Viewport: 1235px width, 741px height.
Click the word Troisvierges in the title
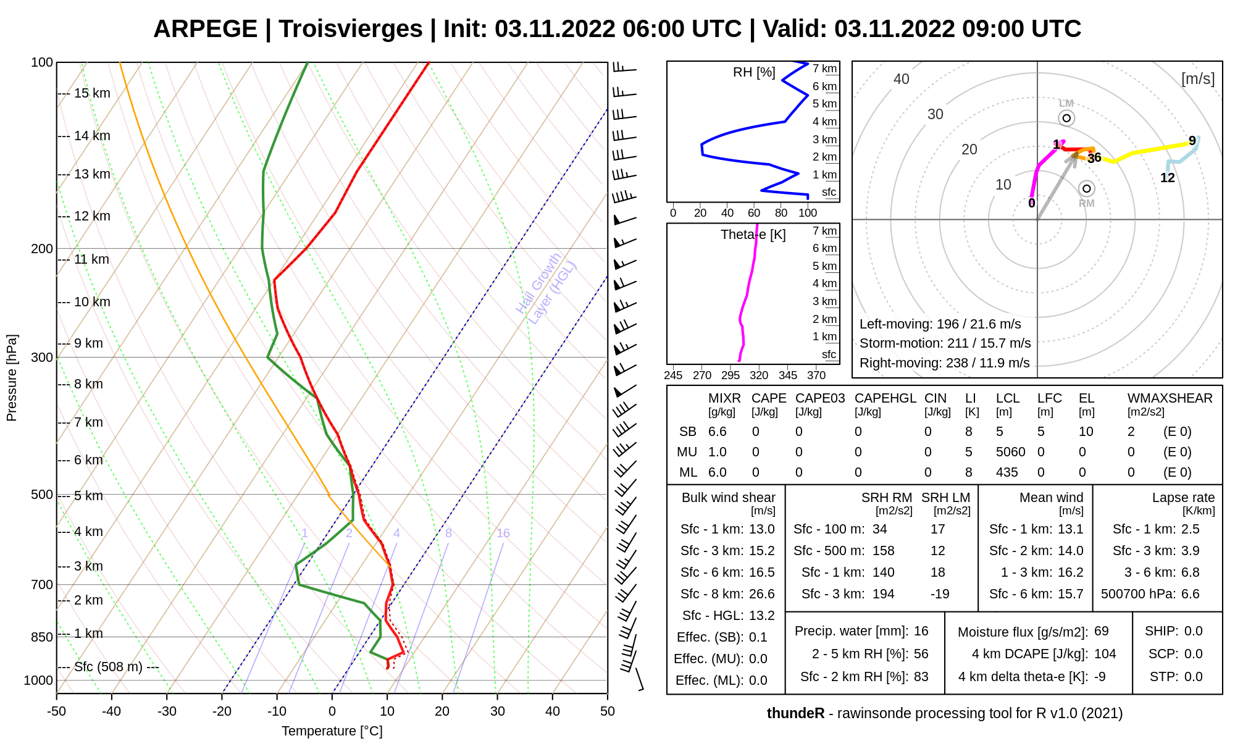click(x=350, y=29)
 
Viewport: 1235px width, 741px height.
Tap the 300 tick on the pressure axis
click(x=42, y=358)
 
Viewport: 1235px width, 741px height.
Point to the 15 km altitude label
click(x=92, y=93)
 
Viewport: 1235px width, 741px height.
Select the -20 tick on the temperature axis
click(x=222, y=711)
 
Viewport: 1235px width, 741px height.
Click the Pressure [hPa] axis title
click(x=12, y=378)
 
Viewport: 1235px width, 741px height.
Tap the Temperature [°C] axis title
click(x=332, y=731)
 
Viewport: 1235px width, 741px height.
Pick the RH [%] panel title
click(x=754, y=72)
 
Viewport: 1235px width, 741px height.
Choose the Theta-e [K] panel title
click(x=753, y=235)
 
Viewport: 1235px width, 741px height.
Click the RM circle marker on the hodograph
click(x=1086, y=188)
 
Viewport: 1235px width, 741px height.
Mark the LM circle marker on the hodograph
click(x=1066, y=118)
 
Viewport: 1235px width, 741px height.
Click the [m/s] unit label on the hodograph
click(x=1197, y=79)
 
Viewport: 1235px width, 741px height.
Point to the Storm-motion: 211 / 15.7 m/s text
click(x=945, y=343)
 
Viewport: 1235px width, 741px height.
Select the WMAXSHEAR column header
click(x=1170, y=398)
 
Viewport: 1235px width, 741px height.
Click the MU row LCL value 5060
click(x=1010, y=452)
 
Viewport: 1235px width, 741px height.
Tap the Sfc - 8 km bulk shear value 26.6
click(x=761, y=594)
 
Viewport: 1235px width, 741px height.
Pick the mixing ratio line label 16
click(x=503, y=533)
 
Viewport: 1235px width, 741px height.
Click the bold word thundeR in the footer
click(x=795, y=713)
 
